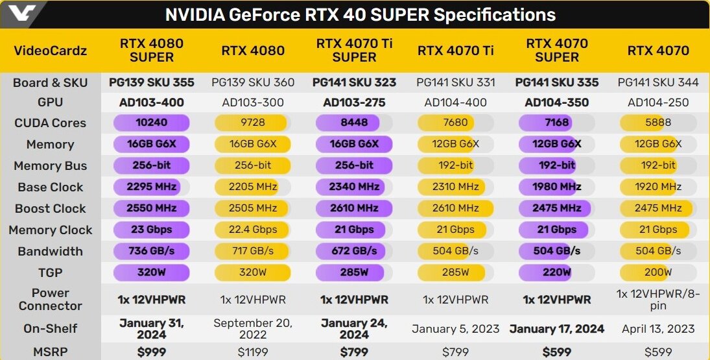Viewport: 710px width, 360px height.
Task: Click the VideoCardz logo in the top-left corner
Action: [x=20, y=12]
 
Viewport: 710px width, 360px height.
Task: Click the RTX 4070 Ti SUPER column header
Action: [x=354, y=51]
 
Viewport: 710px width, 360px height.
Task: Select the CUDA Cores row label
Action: [x=50, y=123]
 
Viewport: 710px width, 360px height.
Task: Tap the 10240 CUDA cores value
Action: [x=151, y=123]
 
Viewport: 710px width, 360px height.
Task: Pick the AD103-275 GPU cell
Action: [x=354, y=102]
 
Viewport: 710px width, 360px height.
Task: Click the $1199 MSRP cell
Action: [x=252, y=352]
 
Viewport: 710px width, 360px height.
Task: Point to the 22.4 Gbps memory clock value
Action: [x=252, y=230]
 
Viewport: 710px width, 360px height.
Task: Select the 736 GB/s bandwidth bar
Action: [x=151, y=251]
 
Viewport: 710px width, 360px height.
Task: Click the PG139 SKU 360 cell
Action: [x=252, y=82]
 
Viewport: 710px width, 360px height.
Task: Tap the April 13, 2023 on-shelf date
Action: [x=657, y=329]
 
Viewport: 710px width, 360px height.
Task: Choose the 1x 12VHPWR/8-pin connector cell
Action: [x=657, y=299]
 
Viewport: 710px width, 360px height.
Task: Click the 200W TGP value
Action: [x=657, y=272]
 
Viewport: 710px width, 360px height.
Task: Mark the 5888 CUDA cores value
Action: [x=657, y=123]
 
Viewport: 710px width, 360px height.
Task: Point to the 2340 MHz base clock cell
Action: [x=354, y=187]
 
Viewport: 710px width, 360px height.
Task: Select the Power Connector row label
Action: [x=50, y=299]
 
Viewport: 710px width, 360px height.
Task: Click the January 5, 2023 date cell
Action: [x=455, y=329]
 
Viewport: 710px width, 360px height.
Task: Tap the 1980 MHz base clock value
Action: [x=556, y=187]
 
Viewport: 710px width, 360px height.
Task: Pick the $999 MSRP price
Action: [x=151, y=352]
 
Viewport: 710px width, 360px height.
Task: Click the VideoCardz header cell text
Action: [x=50, y=51]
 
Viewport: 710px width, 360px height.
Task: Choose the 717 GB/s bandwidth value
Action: [x=252, y=251]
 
